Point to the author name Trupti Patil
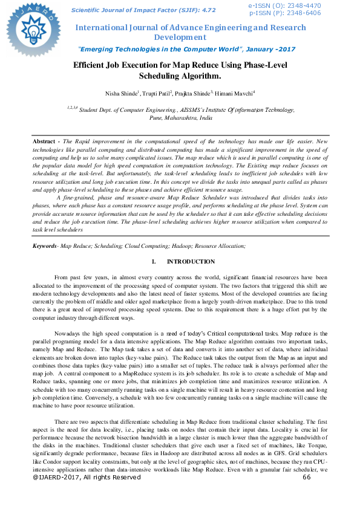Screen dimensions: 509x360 point(156,93)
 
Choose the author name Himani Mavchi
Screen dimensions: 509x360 point(237,93)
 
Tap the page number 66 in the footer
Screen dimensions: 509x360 point(306,495)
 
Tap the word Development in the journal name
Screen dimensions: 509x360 point(180,37)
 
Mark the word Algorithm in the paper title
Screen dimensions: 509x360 point(198,76)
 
